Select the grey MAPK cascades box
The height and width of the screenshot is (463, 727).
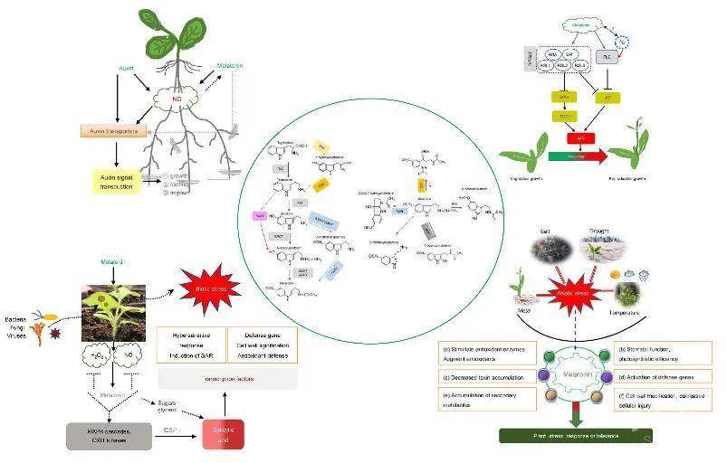pyautogui.click(x=101, y=435)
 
